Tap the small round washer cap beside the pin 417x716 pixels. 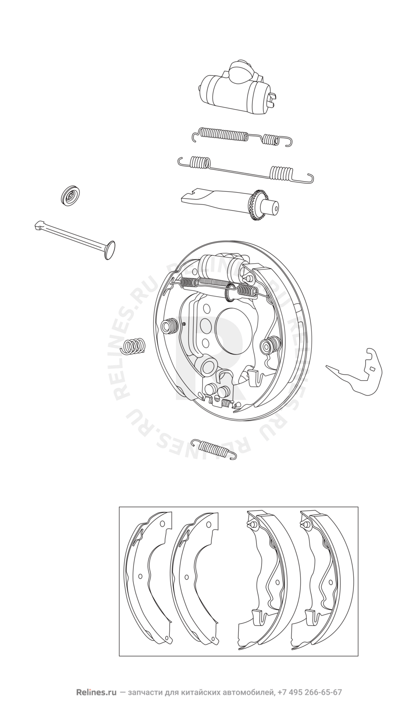pyautogui.click(x=71, y=195)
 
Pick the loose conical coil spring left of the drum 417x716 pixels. pyautogui.click(x=134, y=346)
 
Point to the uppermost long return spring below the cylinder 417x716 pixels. pyautogui.click(x=242, y=138)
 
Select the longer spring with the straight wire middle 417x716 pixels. pyautogui.click(x=246, y=170)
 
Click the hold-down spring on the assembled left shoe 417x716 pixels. pyautogui.click(x=169, y=326)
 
